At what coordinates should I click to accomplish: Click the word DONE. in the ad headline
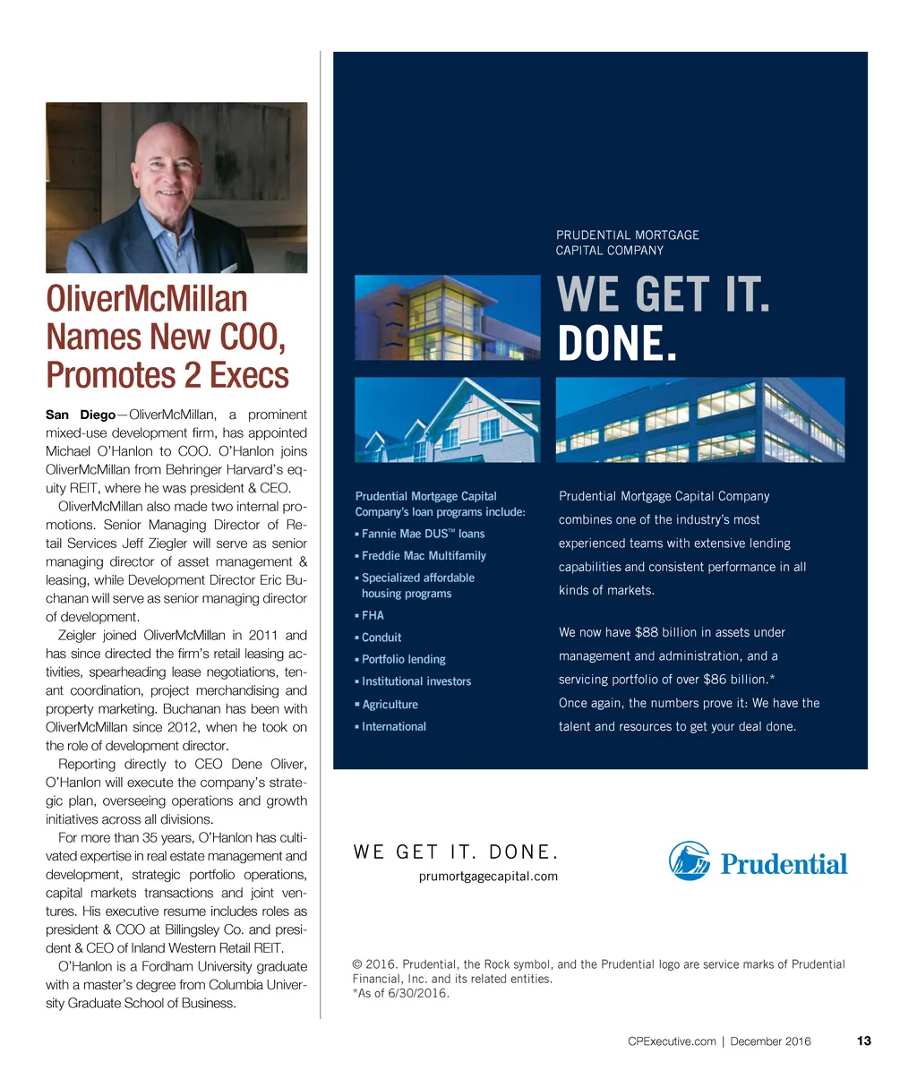pyautogui.click(x=616, y=344)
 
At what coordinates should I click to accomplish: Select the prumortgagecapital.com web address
pyautogui.click(x=488, y=877)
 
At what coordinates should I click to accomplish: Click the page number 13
pyautogui.click(x=863, y=1041)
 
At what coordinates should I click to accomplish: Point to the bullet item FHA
pyautogui.click(x=373, y=616)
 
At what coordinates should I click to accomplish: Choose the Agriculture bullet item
pyautogui.click(x=390, y=705)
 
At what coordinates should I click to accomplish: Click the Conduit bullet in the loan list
pyautogui.click(x=381, y=638)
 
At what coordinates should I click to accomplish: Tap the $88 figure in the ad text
pyautogui.click(x=646, y=632)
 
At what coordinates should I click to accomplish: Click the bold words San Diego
pyautogui.click(x=80, y=415)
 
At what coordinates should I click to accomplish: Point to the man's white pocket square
pyautogui.click(x=236, y=266)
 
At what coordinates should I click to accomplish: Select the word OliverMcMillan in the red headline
pyautogui.click(x=147, y=299)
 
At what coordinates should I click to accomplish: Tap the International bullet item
pyautogui.click(x=393, y=726)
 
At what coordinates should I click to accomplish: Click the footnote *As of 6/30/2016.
pyautogui.click(x=400, y=993)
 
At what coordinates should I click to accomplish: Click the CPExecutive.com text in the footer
pyautogui.click(x=672, y=1041)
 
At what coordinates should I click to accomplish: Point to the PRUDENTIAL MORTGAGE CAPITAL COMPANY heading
pyautogui.click(x=627, y=243)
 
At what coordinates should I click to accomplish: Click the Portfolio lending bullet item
pyautogui.click(x=403, y=659)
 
